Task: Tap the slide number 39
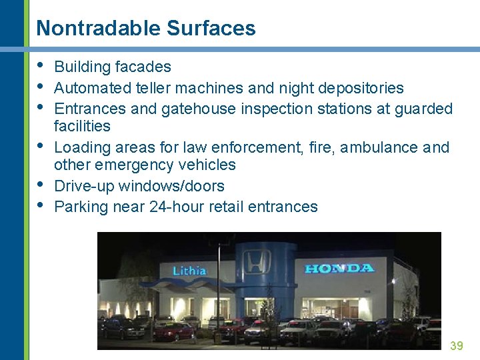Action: click(456, 345)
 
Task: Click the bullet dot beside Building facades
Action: click(41, 65)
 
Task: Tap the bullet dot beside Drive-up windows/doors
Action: click(41, 184)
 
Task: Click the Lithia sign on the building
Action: click(189, 271)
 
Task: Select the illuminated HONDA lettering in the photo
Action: click(339, 268)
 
